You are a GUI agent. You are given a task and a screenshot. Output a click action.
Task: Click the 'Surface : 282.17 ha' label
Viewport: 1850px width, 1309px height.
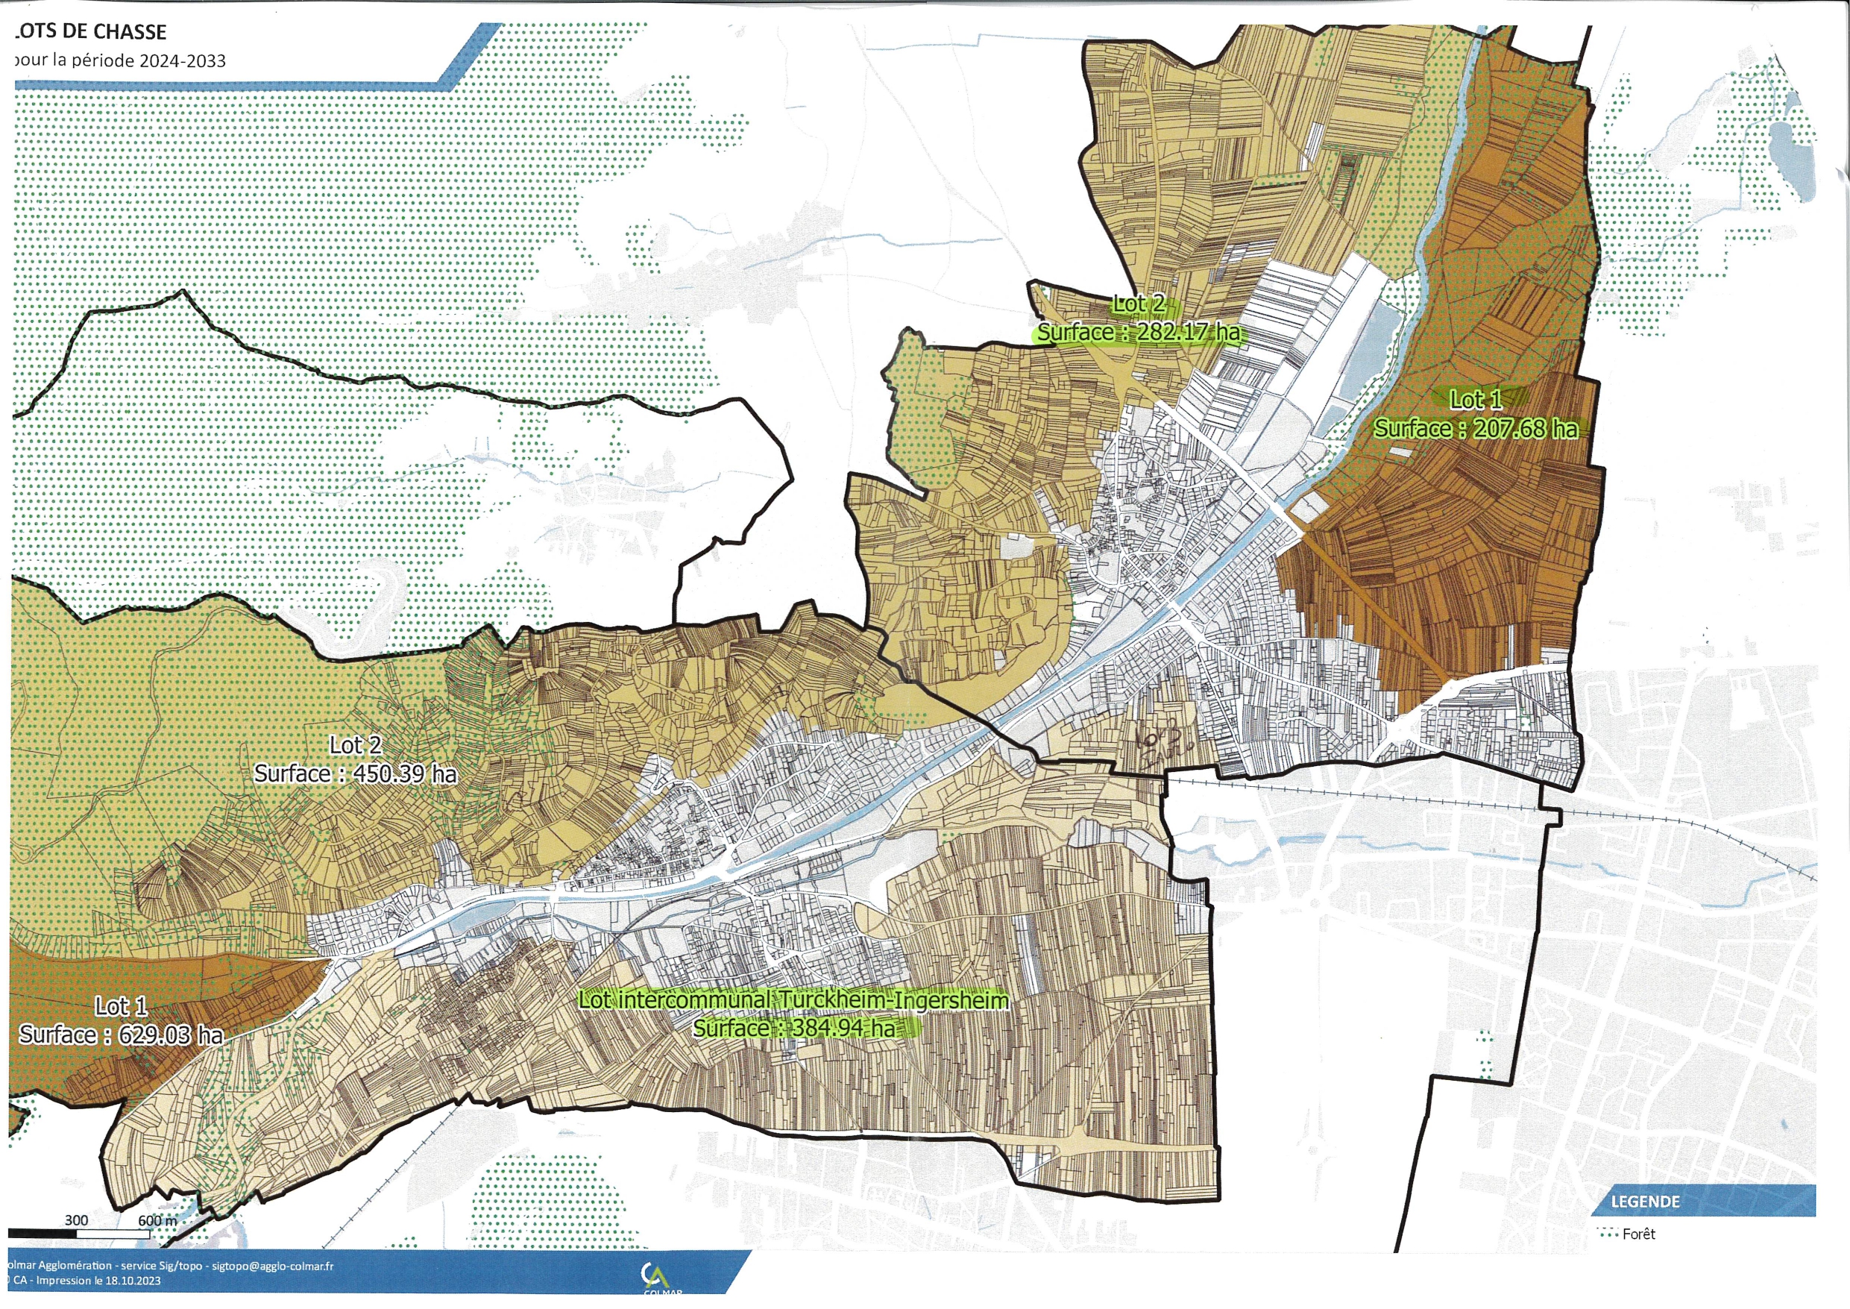(x=1138, y=332)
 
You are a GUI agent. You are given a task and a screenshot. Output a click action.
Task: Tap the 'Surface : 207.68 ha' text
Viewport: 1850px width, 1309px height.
(x=1476, y=429)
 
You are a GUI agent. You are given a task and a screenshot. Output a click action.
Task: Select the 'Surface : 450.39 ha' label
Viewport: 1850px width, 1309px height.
(x=356, y=773)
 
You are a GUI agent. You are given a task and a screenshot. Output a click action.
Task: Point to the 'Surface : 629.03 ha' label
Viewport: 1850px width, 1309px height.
(x=121, y=1035)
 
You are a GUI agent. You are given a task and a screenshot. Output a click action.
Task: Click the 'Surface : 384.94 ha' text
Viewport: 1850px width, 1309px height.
(x=793, y=1029)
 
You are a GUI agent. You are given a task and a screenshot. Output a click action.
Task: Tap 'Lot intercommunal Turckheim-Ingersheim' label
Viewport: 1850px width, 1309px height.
(x=793, y=1000)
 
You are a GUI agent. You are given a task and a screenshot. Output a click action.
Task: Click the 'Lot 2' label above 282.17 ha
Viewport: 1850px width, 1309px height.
(x=1138, y=304)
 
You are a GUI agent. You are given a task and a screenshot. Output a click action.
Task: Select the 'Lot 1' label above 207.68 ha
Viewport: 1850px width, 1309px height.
(x=1476, y=400)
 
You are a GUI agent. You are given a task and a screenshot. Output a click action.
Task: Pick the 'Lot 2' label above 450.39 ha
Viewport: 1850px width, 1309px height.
(x=356, y=746)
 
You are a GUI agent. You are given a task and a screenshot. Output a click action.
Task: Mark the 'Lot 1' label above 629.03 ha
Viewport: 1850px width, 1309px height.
(x=121, y=1007)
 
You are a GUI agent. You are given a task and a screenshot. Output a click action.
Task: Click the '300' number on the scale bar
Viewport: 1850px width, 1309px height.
(x=77, y=1219)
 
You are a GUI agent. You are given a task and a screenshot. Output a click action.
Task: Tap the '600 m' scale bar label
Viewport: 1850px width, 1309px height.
(x=157, y=1220)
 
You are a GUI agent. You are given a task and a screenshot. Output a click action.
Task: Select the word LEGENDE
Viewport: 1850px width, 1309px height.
(x=1646, y=1202)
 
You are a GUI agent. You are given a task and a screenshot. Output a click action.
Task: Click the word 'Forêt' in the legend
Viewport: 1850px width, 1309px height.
(x=1639, y=1234)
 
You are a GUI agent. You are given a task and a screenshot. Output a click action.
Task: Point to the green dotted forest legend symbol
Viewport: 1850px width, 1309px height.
(x=1608, y=1234)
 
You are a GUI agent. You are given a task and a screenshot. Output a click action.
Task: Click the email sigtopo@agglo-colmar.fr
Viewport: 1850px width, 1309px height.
(x=272, y=1266)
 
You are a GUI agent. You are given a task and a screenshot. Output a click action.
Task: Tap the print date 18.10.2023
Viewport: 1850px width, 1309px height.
(x=133, y=1281)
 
